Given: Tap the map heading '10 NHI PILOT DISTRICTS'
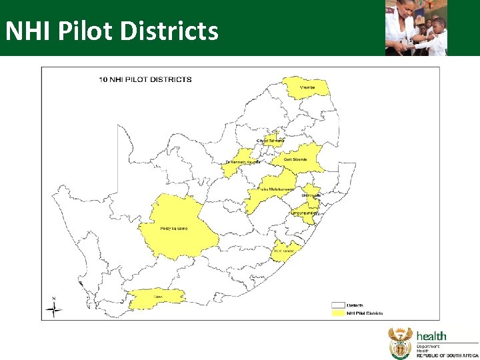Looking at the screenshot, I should [x=145, y=79].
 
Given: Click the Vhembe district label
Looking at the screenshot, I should [x=307, y=87].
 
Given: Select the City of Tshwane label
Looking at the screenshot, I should [x=271, y=140].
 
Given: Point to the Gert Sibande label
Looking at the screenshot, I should [x=295, y=159].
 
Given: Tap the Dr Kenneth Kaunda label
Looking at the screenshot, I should [x=242, y=162].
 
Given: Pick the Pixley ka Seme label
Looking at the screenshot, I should [x=174, y=229].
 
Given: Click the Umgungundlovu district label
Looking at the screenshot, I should [x=304, y=213].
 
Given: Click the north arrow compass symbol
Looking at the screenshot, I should [x=54, y=308].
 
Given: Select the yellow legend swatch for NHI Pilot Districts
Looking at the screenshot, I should [x=338, y=313].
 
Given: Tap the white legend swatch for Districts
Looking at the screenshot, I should [x=338, y=305].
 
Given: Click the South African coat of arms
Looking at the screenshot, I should [x=400, y=343].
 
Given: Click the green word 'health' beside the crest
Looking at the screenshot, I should [x=432, y=336].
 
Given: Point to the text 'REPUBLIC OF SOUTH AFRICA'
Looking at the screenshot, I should [x=447, y=356].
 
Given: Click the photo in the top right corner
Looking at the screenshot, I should [x=415, y=27].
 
